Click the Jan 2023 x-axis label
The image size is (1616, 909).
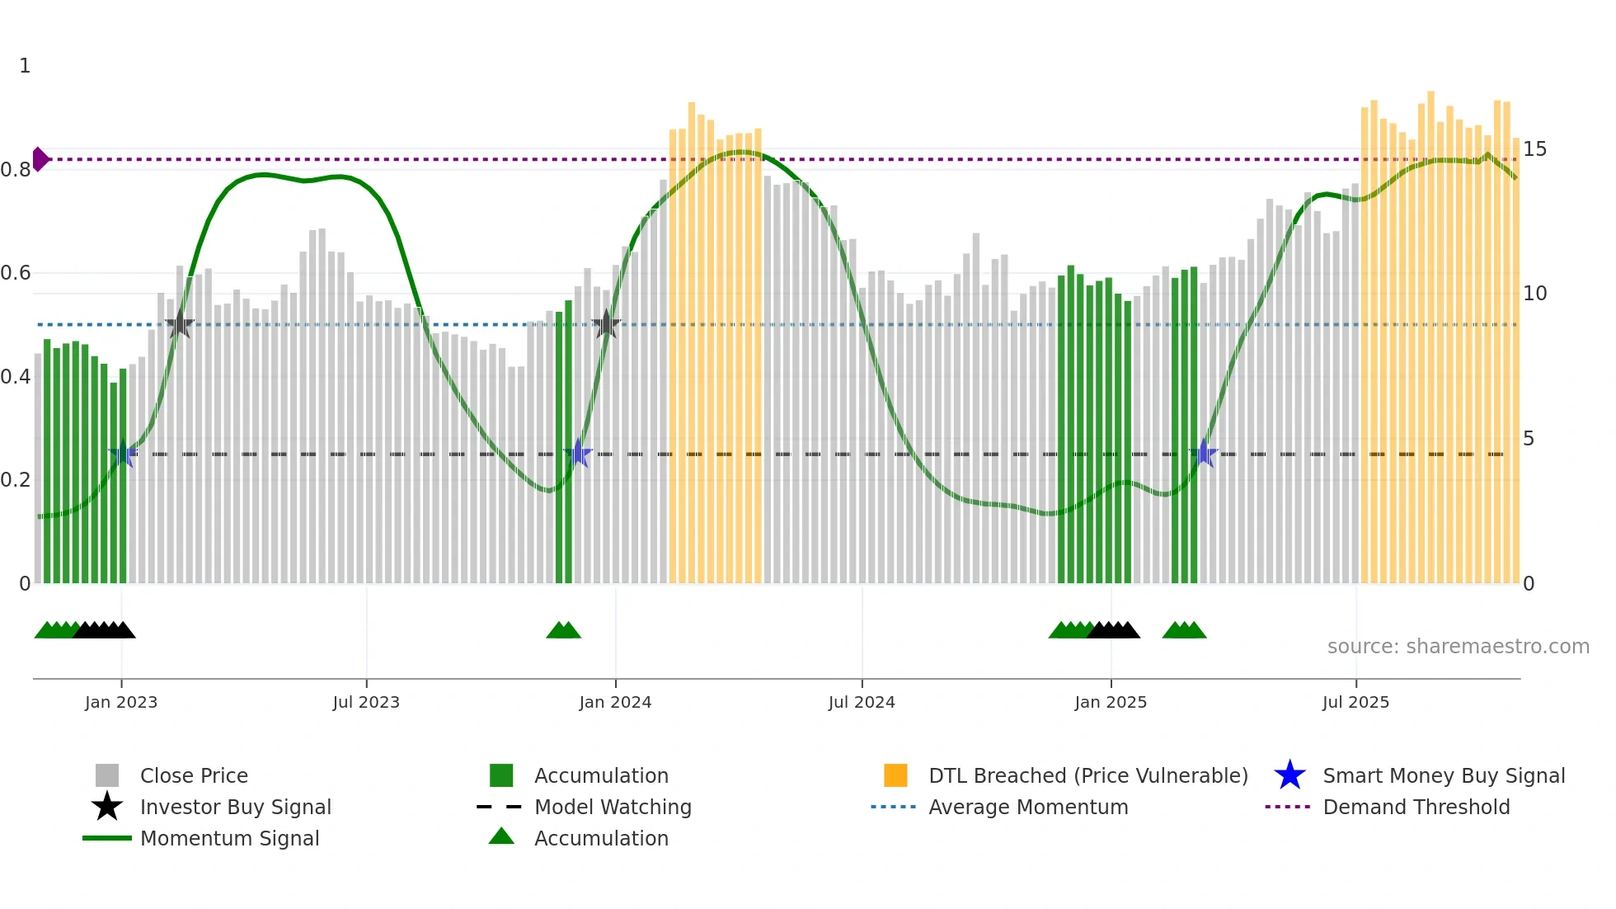click(121, 702)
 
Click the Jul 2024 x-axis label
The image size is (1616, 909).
click(862, 702)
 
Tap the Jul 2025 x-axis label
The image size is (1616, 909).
click(1355, 702)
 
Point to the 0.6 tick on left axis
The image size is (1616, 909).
click(16, 273)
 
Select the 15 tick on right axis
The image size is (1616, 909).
click(1534, 149)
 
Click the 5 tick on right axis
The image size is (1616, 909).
click(1529, 439)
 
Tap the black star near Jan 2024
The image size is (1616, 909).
click(606, 324)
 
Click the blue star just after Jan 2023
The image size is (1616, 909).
click(123, 454)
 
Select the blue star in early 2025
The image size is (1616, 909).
click(1204, 454)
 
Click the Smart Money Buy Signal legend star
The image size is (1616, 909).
click(1290, 775)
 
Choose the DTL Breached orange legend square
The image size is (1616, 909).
click(895, 775)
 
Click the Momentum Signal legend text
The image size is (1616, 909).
click(229, 838)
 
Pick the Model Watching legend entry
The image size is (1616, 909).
click(613, 807)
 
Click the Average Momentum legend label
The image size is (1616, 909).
click(1028, 807)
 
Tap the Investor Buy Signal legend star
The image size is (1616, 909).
click(107, 807)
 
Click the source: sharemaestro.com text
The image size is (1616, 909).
click(1458, 647)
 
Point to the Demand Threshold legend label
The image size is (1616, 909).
click(1416, 807)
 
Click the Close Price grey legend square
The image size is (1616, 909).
click(107, 775)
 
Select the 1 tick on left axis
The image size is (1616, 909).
click(25, 66)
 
